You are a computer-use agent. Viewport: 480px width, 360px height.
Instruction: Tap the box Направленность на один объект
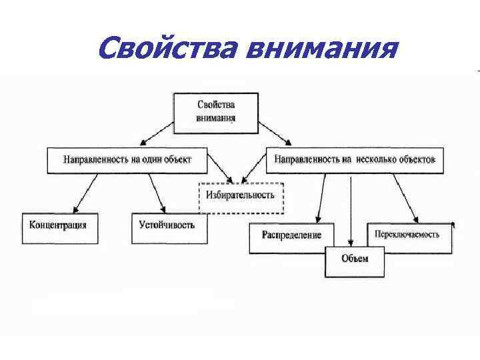pos(127,160)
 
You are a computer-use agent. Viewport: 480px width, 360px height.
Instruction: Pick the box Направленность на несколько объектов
pos(355,160)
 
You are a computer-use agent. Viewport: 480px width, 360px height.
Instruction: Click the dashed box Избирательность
pos(241,197)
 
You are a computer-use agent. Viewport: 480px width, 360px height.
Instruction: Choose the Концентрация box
pos(59,225)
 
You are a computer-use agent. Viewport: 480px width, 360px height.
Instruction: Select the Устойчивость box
pos(167,225)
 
